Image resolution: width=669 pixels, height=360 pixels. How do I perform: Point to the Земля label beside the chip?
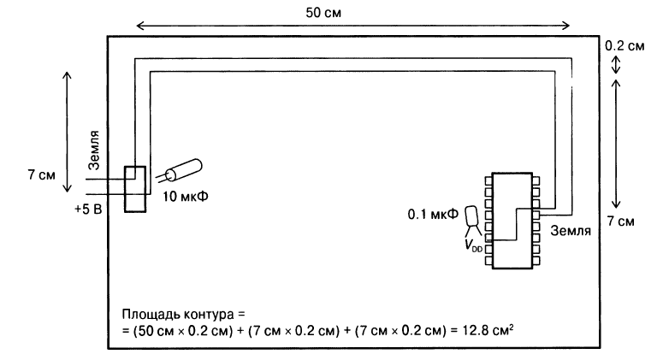[x=571, y=230]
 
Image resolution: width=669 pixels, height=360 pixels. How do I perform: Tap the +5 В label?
[x=87, y=208]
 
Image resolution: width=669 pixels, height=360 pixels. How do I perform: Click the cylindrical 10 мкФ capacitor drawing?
[x=182, y=170]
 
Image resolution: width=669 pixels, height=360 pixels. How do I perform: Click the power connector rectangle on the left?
[x=135, y=188]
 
